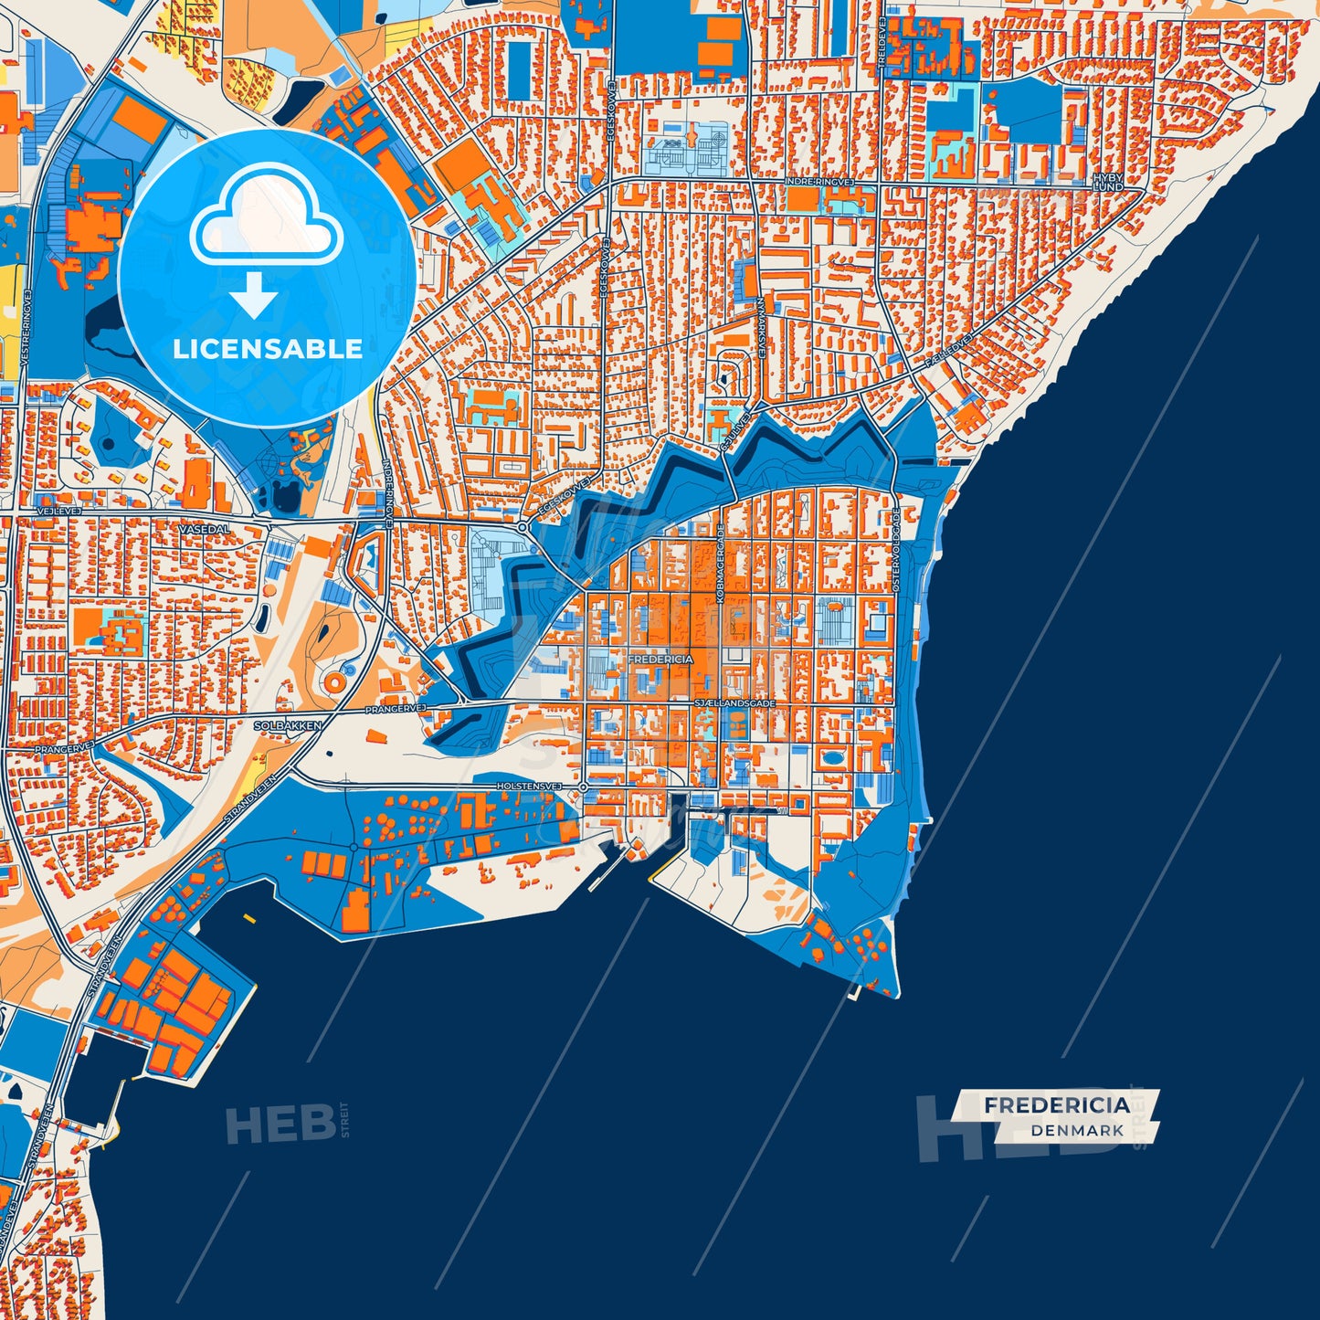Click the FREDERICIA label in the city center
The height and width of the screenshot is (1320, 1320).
click(660, 659)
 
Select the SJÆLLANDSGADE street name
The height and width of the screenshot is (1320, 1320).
click(734, 703)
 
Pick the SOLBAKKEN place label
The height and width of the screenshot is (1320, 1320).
click(288, 725)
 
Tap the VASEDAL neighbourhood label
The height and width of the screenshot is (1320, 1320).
click(205, 529)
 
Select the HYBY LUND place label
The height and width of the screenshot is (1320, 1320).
click(1107, 182)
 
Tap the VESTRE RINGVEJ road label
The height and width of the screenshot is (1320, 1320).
click(26, 330)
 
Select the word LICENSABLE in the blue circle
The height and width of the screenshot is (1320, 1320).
click(267, 349)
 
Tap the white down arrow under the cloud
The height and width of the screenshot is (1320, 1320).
click(254, 295)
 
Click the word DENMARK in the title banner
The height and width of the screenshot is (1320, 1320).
click(1077, 1130)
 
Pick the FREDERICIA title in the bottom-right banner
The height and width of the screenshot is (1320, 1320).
click(1057, 1105)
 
